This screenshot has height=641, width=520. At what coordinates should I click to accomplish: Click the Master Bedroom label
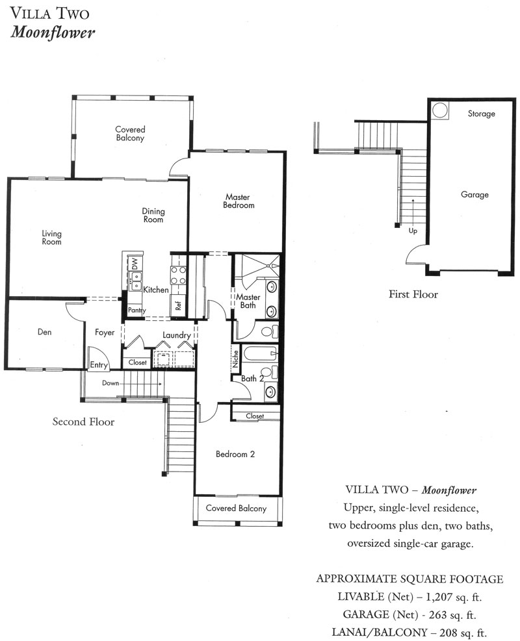click(x=239, y=201)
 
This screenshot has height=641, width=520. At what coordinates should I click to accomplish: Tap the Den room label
click(x=45, y=332)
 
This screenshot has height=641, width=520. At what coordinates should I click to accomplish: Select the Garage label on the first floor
click(x=474, y=195)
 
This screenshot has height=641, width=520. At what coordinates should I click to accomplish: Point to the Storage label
click(x=481, y=114)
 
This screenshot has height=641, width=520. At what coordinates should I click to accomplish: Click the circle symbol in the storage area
click(x=440, y=110)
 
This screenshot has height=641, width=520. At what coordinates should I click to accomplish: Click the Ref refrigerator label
click(x=178, y=305)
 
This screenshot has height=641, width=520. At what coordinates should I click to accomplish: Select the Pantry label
click(x=136, y=310)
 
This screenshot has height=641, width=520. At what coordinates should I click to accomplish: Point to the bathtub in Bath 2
click(x=259, y=353)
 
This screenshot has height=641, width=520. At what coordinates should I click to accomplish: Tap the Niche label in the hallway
click(x=235, y=359)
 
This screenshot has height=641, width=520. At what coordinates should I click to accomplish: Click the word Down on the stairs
click(x=110, y=383)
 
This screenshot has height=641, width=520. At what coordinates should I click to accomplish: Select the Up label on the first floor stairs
click(x=413, y=231)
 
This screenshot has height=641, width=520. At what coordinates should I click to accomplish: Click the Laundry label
click(x=177, y=335)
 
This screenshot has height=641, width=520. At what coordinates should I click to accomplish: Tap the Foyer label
click(x=105, y=333)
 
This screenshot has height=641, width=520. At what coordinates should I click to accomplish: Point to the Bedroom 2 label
click(x=235, y=454)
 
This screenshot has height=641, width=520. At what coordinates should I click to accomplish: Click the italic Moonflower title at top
click(x=53, y=32)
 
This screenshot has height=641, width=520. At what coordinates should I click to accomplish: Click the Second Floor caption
click(x=83, y=422)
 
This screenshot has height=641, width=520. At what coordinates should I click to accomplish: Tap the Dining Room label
click(x=153, y=216)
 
